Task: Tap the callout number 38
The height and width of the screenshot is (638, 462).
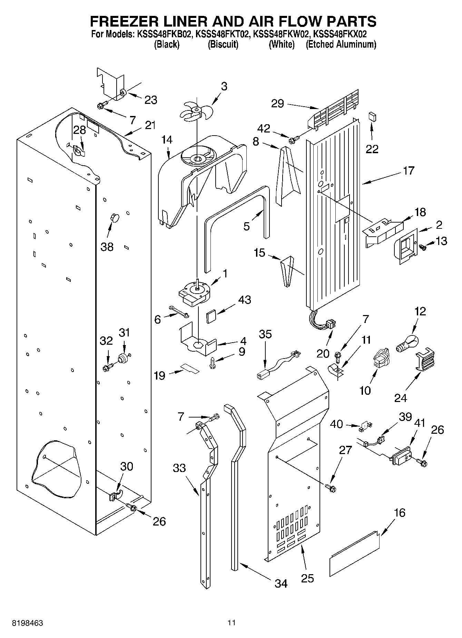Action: pyautogui.click(x=107, y=247)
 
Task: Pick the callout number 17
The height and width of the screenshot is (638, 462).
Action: pyautogui.click(x=408, y=171)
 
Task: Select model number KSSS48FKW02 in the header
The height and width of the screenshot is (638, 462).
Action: pyautogui.click(x=281, y=35)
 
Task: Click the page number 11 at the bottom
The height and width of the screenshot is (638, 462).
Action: pyautogui.click(x=232, y=623)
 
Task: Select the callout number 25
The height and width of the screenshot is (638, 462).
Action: pyautogui.click(x=307, y=578)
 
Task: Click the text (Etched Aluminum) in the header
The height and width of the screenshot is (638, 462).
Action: pyautogui.click(x=341, y=44)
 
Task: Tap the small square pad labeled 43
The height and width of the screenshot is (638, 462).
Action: pyautogui.click(x=211, y=316)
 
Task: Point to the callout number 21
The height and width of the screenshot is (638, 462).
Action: pyautogui.click(x=150, y=126)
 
